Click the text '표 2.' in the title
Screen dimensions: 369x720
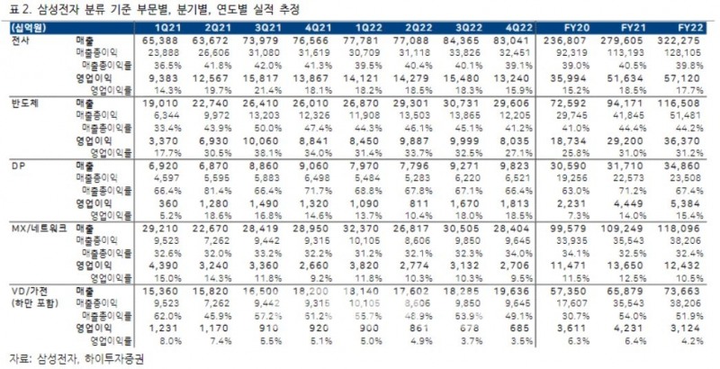tap(15, 10)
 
